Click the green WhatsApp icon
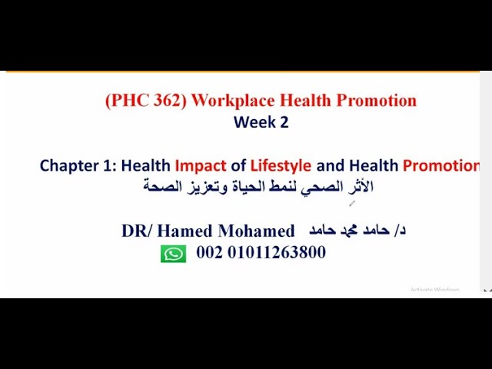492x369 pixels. pyautogui.click(x=173, y=254)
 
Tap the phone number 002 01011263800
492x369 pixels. pyautogui.click(x=261, y=253)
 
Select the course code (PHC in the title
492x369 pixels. pyautogui.click(x=122, y=101)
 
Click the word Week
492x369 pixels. pyautogui.click(x=252, y=122)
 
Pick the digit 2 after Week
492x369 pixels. pyautogui.click(x=284, y=122)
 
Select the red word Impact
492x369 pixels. pyautogui.click(x=201, y=165)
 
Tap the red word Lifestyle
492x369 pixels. pyautogui.click(x=281, y=165)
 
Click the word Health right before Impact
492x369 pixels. pyautogui.click(x=146, y=165)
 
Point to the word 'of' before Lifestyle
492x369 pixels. pyautogui.click(x=238, y=165)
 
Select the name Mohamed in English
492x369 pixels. pyautogui.click(x=258, y=231)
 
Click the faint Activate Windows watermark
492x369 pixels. pyautogui.click(x=434, y=290)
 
